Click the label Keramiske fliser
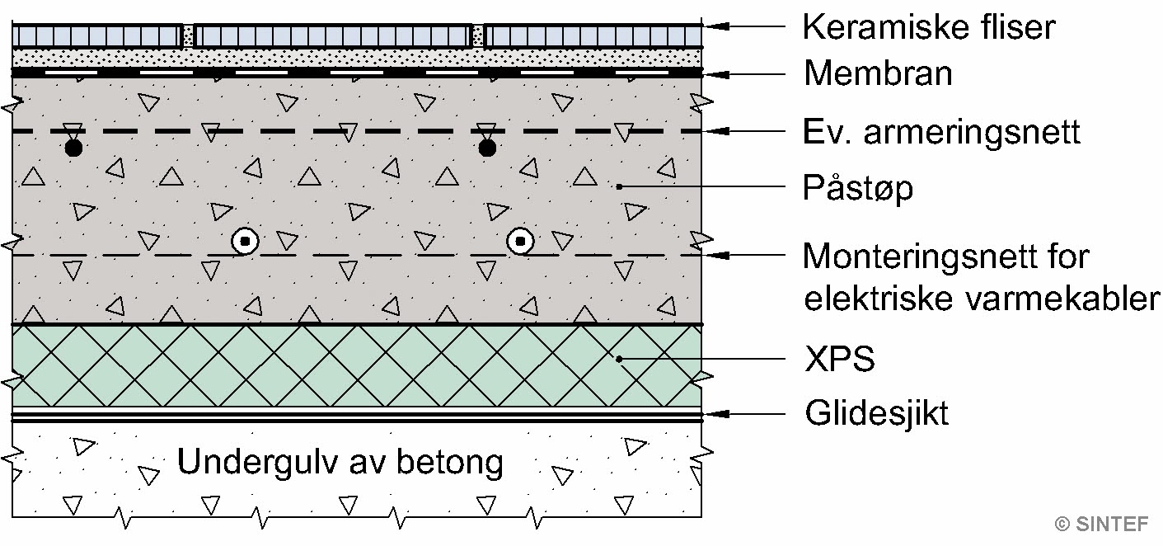tap(928, 27)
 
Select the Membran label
tap(878, 73)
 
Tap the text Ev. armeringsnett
tap(941, 132)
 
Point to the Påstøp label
tap(858, 189)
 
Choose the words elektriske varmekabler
tap(981, 298)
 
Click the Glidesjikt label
tap(877, 412)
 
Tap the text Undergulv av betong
tap(340, 463)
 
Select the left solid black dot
tap(73, 148)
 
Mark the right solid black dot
tap(487, 148)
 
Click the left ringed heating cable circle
tap(246, 242)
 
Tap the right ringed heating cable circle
tap(521, 242)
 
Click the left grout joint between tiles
tap(188, 35)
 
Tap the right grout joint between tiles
tap(477, 35)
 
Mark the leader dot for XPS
tap(619, 360)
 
